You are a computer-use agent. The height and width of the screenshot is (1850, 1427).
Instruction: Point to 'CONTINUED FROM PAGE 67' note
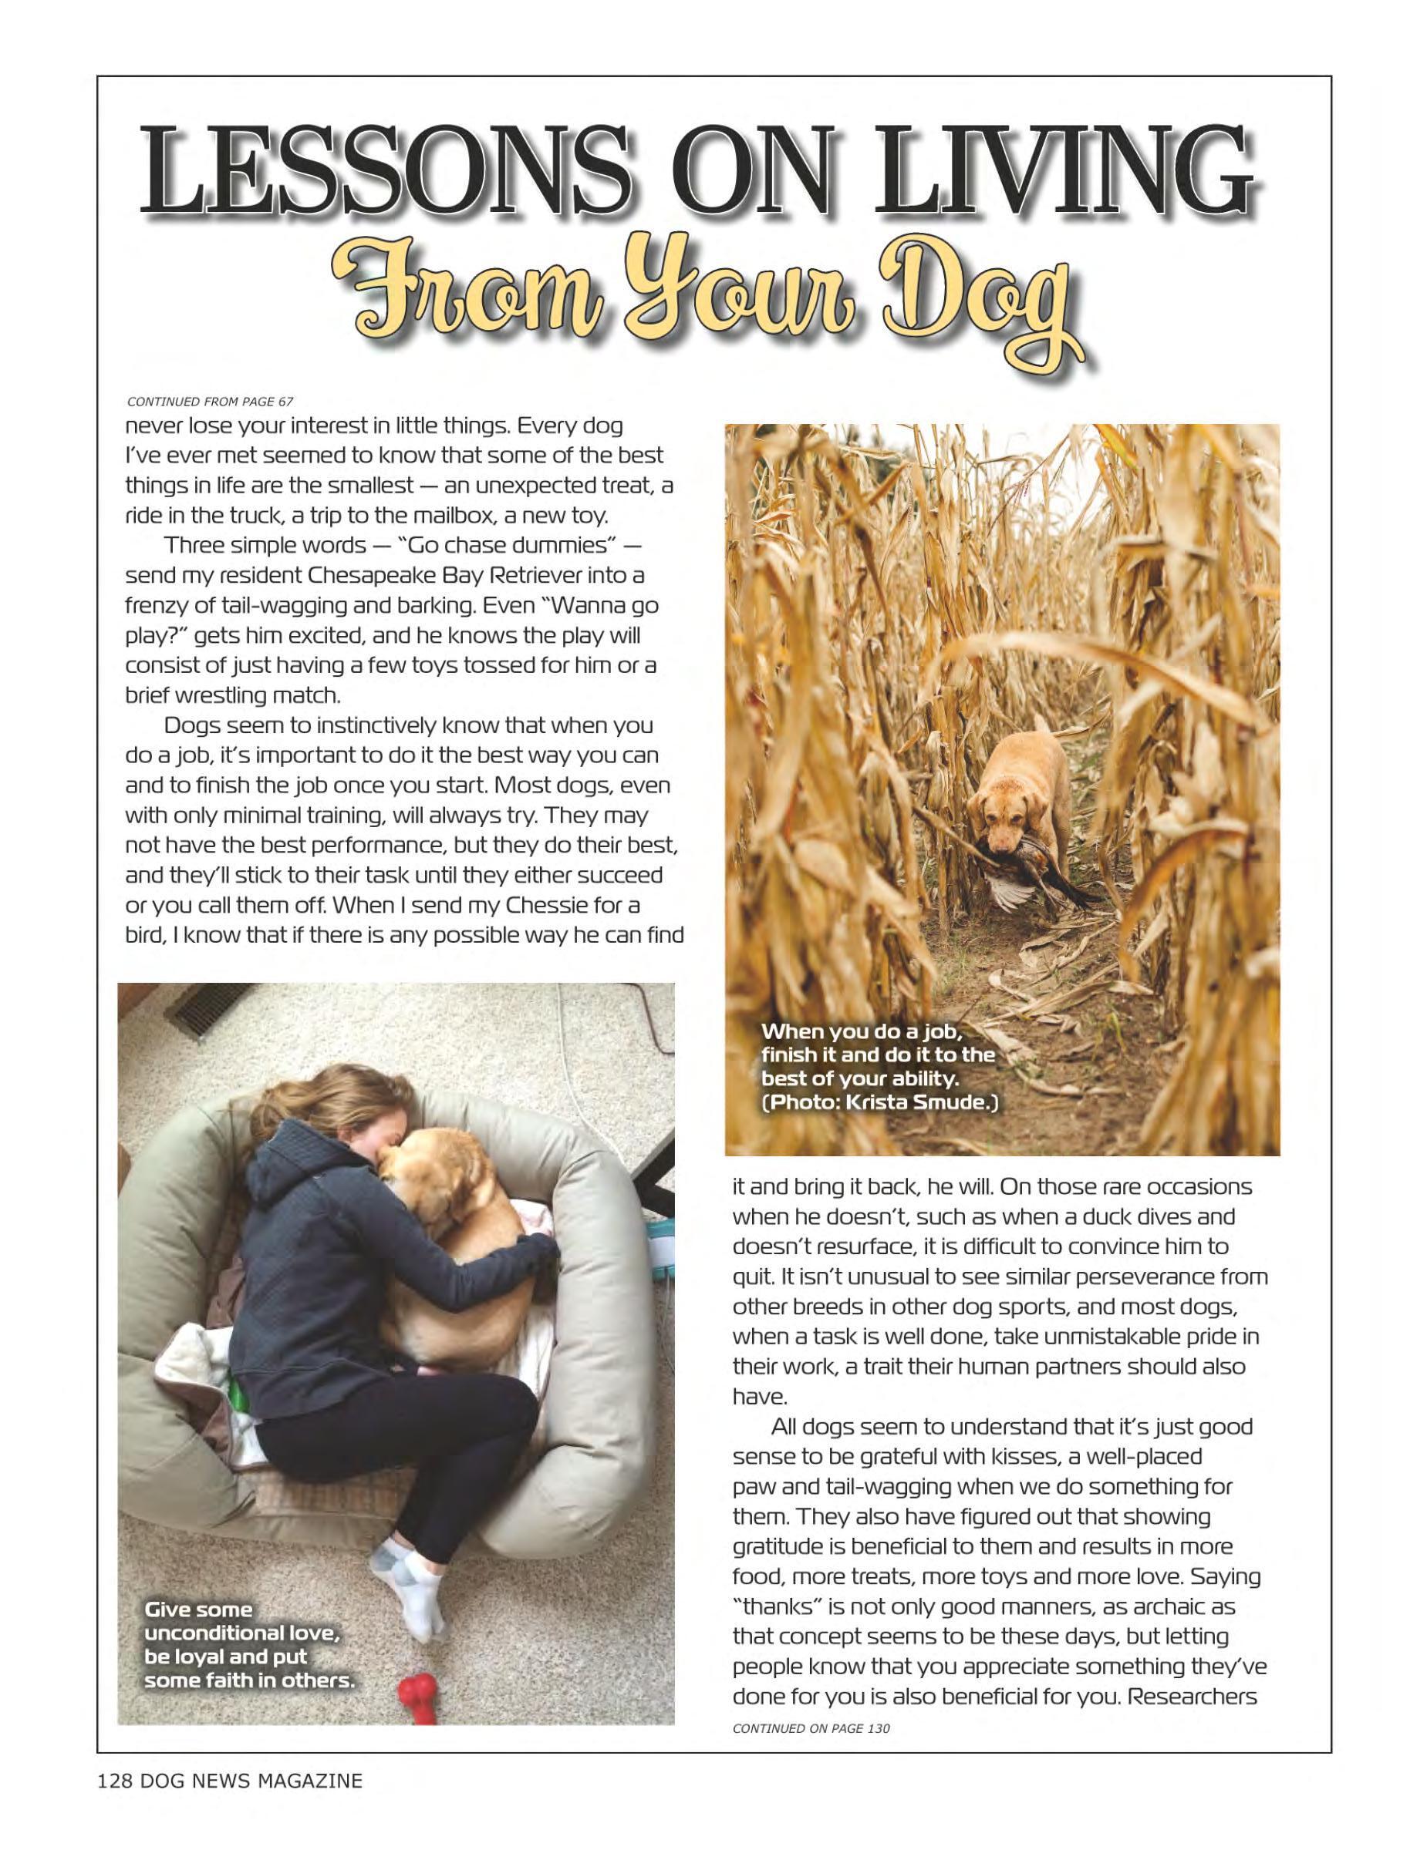click(209, 401)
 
